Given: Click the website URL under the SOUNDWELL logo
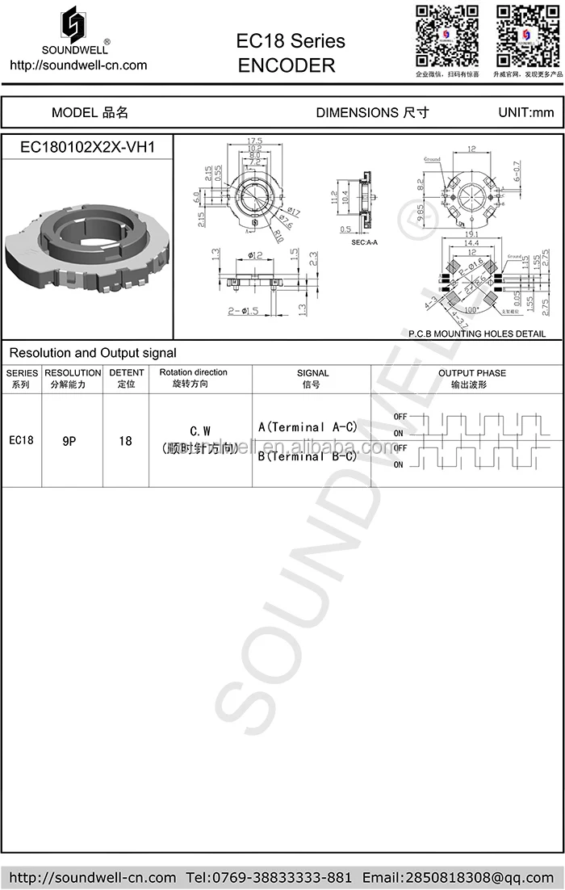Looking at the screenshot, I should pos(78,65).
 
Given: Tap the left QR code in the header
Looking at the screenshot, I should pos(446,36).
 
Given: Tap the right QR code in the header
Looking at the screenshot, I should pos(526,36).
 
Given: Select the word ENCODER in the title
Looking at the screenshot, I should pos(287,66).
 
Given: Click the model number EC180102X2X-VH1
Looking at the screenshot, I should pos(87,147).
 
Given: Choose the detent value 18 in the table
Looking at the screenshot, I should pos(125,441).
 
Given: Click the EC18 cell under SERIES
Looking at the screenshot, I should pos(22,440).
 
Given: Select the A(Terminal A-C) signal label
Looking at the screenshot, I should pos(308,426).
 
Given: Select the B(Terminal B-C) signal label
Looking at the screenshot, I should pos(308,456).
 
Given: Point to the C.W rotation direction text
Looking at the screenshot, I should pos(200,431).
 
